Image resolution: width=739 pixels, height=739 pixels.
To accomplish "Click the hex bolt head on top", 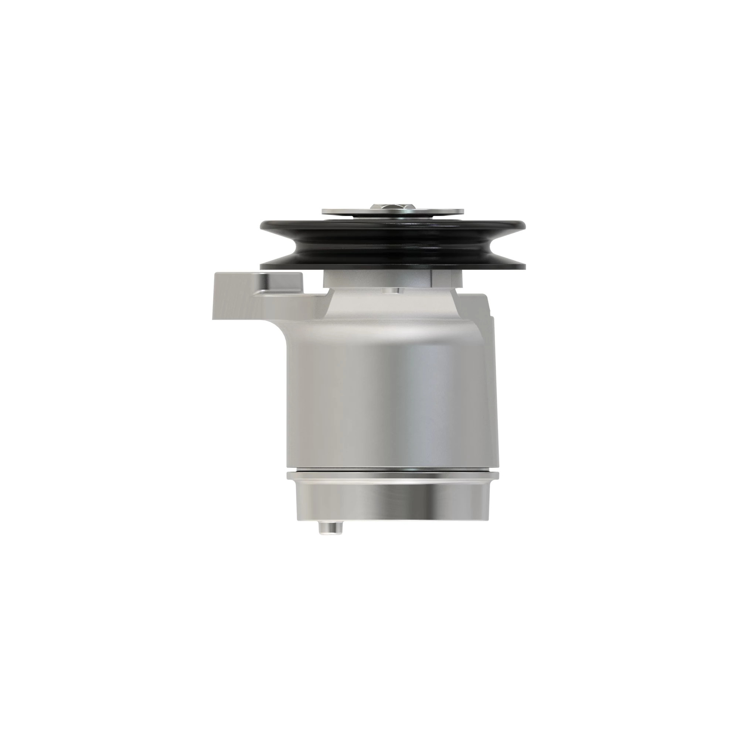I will click(392, 207).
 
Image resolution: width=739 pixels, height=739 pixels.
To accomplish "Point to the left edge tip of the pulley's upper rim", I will click(262, 226).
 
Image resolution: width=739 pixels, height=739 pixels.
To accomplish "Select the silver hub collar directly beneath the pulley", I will click(382, 279).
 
